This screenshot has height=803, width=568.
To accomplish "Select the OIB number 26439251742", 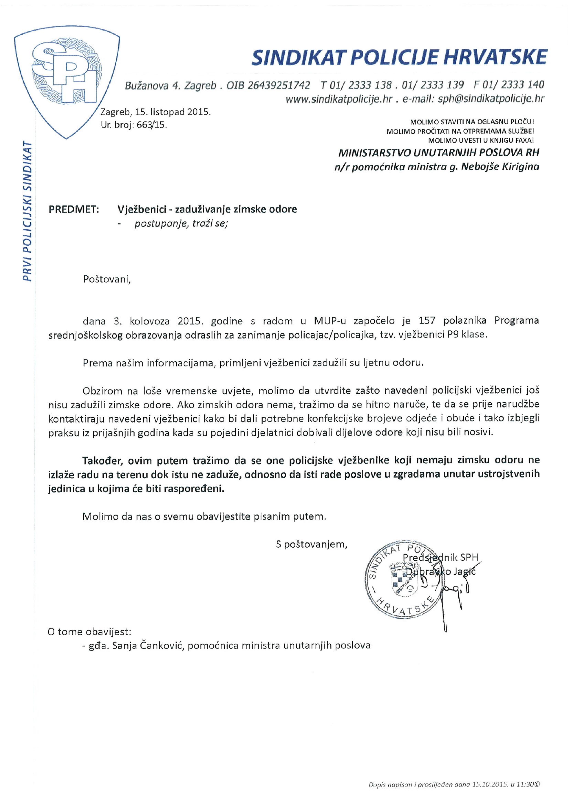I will pos(278,85).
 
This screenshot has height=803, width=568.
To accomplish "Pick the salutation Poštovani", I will pos(106,280).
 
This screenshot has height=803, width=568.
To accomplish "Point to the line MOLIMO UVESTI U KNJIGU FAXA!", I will pos(481,141).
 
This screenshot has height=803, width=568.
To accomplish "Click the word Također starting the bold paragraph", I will pos(102,460).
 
